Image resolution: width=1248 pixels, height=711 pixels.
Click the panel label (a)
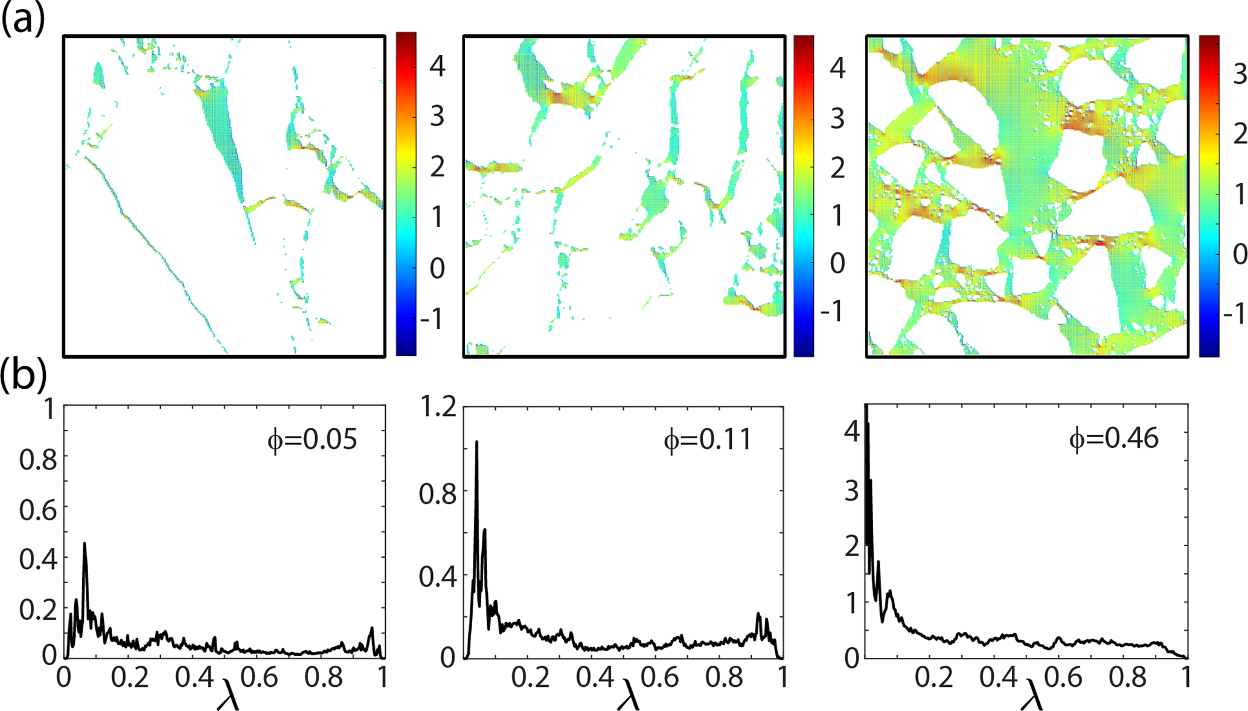click(23, 20)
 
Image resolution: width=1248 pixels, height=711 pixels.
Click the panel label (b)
click(23, 375)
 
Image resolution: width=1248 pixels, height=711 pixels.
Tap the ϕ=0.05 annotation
click(312, 440)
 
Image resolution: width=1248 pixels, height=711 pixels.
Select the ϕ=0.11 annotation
click(708, 440)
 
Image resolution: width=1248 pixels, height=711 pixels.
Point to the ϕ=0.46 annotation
click(1114, 438)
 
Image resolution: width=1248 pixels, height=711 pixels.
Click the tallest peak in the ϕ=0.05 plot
click(85, 544)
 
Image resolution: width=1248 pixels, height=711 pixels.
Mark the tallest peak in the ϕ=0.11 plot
click(476, 442)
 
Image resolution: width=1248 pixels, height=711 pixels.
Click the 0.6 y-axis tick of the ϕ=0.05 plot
click(38, 511)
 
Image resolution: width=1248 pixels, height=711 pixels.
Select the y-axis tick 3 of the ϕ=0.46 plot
click(852, 491)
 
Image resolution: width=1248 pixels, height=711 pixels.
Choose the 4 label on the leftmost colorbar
click(437, 66)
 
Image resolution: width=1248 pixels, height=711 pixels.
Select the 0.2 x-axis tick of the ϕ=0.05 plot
click(130, 677)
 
